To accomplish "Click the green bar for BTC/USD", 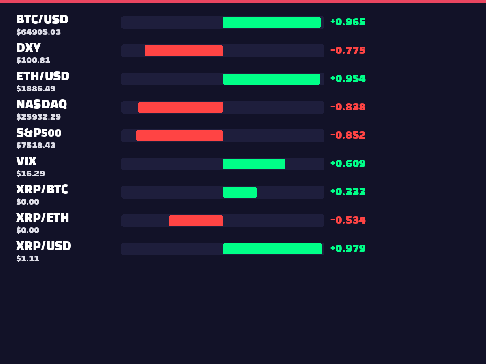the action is tap(272, 22).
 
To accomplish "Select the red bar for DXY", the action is tap(184, 51).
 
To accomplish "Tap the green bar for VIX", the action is tap(254, 164).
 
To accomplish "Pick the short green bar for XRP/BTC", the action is tap(240, 192).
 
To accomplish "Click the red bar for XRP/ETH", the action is tap(196, 220).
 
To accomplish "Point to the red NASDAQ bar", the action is tap(181, 107).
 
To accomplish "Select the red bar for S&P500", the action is tap(180, 135).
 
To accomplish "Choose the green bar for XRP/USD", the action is tap(272, 249).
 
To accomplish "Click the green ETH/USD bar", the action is tap(271, 79).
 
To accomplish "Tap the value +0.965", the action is tap(348, 22).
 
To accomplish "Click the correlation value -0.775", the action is tap(348, 51).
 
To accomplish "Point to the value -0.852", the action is tap(348, 135).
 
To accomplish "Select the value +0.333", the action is tap(348, 192).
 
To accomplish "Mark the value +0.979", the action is tap(348, 248).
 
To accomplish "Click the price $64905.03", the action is tap(38, 32).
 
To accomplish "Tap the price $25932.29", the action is tap(38, 117).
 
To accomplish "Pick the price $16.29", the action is tap(30, 174).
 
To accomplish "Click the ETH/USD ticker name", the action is tap(43, 76).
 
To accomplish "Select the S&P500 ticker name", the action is tap(39, 133).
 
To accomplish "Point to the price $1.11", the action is tap(28, 258).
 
